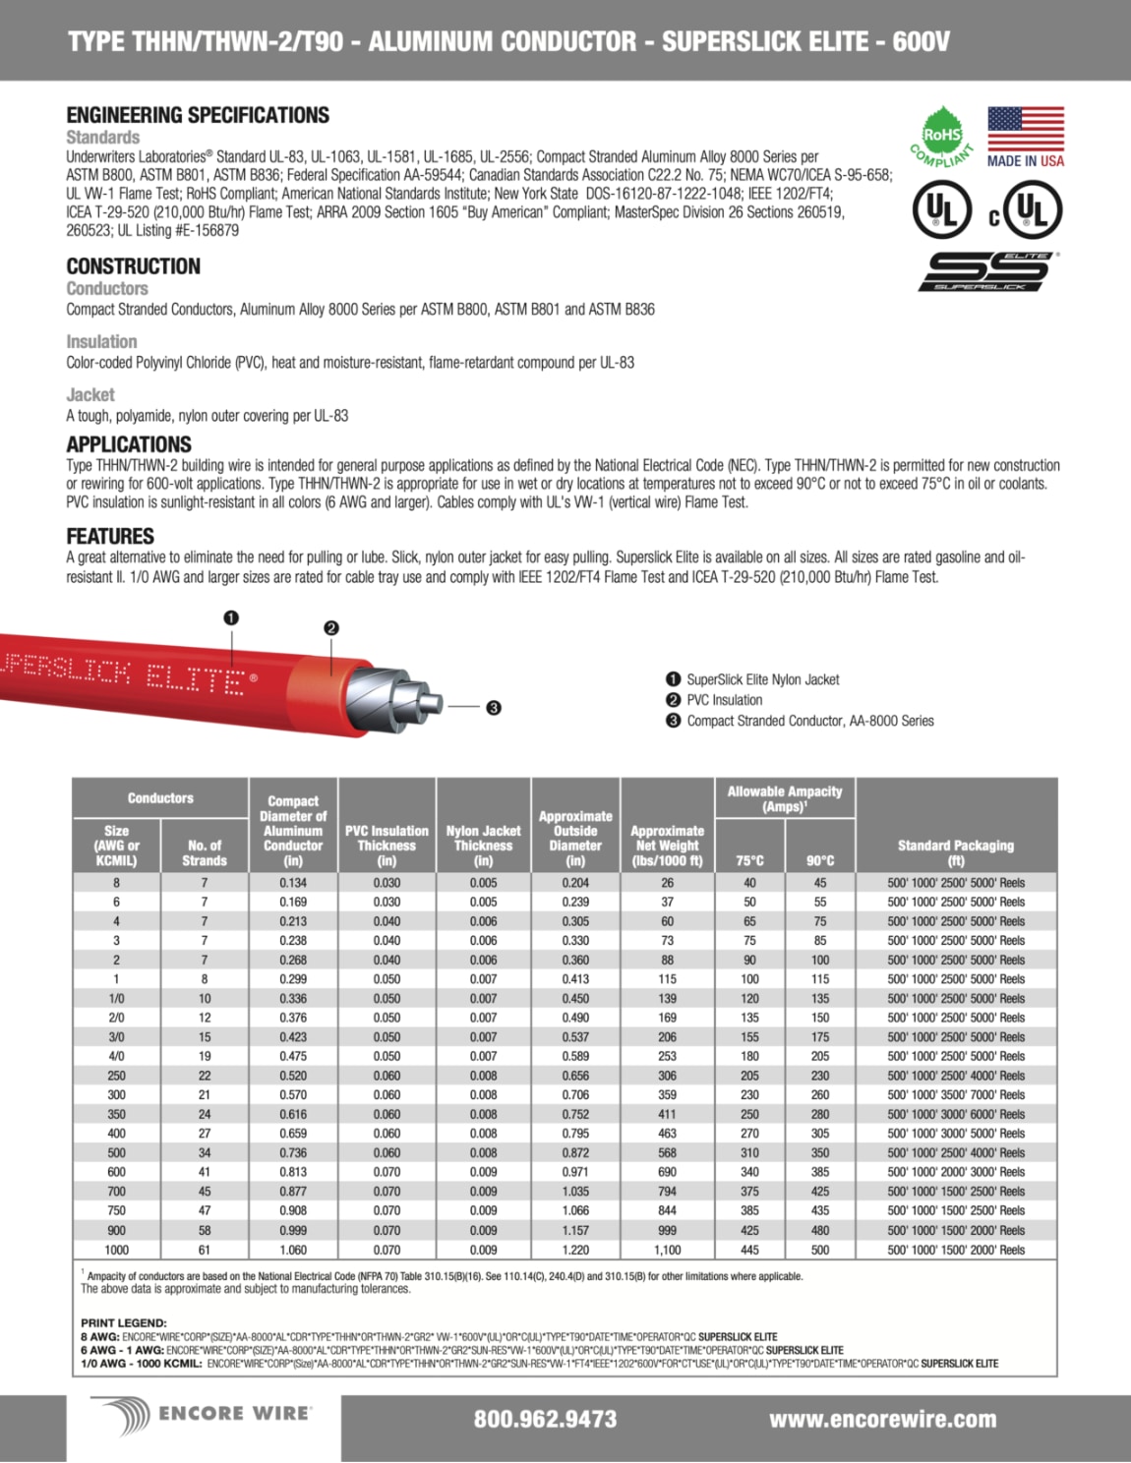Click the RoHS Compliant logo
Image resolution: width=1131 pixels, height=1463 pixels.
coord(940,137)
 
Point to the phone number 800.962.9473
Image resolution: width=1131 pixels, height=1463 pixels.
coord(545,1419)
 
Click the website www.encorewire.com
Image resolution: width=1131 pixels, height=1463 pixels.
coord(882,1419)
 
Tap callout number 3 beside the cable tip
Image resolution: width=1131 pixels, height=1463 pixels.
coord(494,707)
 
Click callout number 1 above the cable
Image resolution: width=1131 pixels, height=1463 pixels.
coord(231,617)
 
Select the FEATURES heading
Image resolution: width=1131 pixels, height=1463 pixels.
coord(110,536)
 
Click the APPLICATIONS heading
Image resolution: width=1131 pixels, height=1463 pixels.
coord(129,444)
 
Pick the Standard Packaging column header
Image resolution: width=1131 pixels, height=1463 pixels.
coord(955,851)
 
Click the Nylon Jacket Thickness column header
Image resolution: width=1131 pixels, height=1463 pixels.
coord(483,845)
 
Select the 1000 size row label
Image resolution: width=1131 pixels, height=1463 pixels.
coord(116,1250)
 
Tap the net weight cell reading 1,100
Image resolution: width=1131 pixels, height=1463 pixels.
coord(667,1250)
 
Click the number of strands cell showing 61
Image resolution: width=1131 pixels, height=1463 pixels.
coord(205,1250)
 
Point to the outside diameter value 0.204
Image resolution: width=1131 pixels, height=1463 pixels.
coord(575,883)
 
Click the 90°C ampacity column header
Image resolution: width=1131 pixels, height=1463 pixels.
coord(819,860)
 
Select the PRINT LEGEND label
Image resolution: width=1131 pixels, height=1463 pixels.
coord(124,1322)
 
